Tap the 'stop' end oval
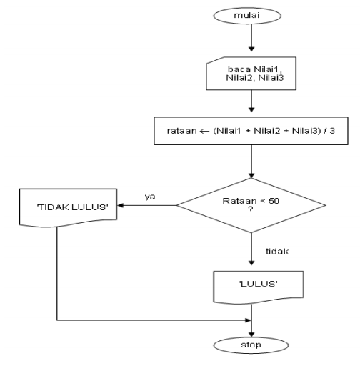pos(251,345)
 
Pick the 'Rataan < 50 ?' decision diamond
pos(251,206)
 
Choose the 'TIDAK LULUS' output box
pos(56,207)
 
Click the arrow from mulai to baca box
pos(251,41)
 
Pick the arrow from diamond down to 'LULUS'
pos(251,250)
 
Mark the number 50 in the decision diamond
pos(275,202)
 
